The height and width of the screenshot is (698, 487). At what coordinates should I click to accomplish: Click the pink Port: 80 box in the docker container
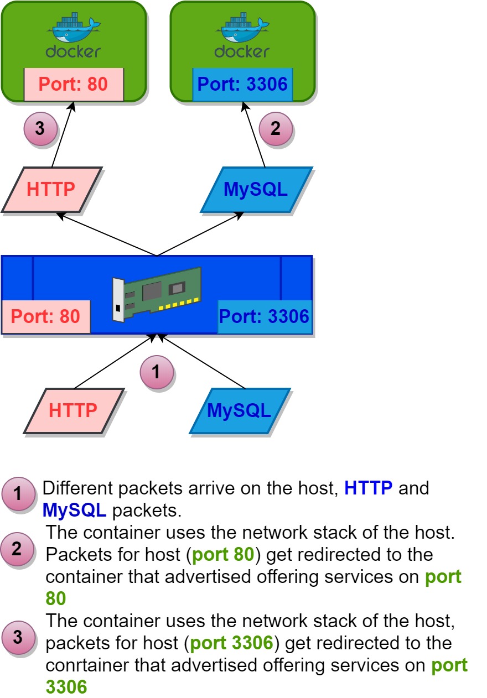(74, 85)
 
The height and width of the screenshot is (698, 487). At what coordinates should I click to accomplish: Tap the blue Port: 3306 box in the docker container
(242, 85)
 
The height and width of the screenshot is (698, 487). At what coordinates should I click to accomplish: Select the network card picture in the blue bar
(156, 293)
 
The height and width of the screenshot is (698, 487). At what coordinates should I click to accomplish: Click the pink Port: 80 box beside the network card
(46, 317)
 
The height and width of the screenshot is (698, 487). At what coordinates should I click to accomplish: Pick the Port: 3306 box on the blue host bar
(265, 317)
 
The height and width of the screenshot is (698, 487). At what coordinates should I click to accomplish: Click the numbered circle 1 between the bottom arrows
(156, 372)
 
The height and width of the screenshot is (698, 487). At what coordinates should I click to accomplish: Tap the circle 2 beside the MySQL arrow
(276, 129)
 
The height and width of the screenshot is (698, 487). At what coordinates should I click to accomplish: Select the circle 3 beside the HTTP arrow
(40, 129)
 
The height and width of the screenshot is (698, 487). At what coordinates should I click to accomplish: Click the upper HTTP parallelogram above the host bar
(51, 189)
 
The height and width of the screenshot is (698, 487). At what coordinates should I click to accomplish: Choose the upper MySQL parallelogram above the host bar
(256, 189)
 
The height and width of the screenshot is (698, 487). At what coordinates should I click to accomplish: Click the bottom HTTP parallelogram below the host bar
(73, 410)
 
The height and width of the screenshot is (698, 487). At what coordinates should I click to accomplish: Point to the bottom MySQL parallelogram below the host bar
(240, 410)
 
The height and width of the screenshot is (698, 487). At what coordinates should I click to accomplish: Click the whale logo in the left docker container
(74, 28)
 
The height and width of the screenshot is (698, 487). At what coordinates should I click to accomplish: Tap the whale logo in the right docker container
(242, 28)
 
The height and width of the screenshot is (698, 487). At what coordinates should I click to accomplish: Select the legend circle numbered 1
(18, 494)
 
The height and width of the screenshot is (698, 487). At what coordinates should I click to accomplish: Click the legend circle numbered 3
(18, 637)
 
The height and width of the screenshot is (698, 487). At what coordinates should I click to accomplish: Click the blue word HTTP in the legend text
(368, 488)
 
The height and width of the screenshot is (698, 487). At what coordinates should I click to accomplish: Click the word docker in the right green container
(242, 51)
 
